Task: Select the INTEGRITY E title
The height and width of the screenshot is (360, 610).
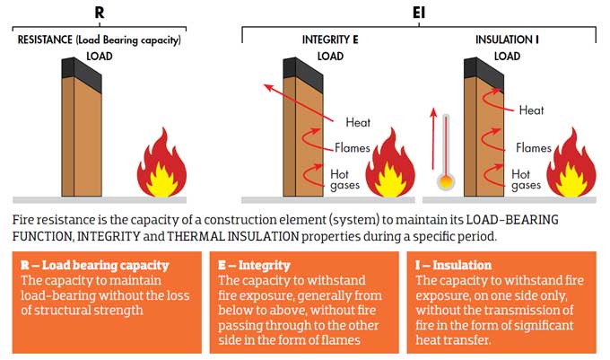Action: point(331,40)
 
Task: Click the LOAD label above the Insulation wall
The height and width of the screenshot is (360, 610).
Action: point(508,57)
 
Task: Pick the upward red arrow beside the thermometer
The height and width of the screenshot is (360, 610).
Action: point(433,135)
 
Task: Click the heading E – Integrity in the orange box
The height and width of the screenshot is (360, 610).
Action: point(257,266)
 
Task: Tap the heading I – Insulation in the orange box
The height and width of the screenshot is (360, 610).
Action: point(453,266)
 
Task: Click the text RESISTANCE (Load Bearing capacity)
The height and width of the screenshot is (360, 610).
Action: point(100,40)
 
